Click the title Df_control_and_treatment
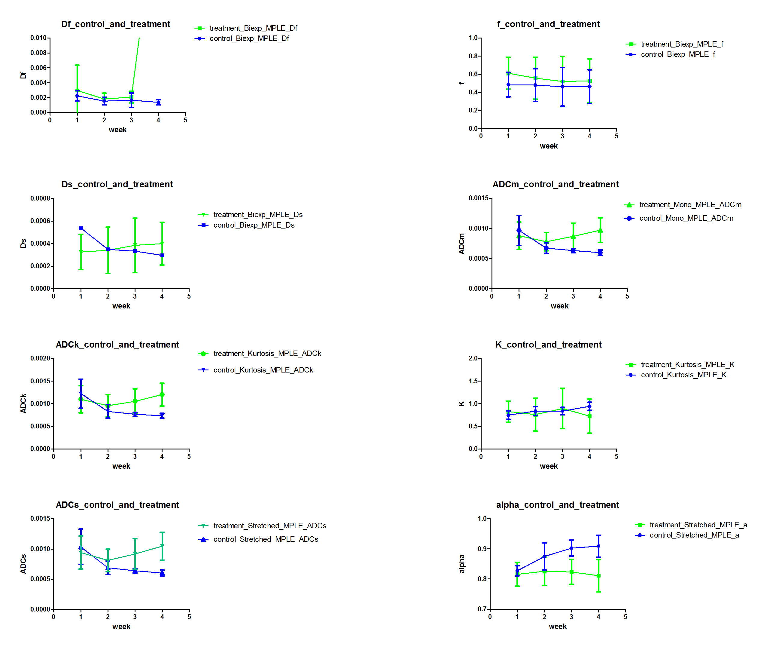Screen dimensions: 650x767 (116, 24)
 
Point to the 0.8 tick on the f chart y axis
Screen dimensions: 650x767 (473, 56)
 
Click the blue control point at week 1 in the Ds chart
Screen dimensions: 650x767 (81, 228)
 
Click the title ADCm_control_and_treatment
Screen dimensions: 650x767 (555, 184)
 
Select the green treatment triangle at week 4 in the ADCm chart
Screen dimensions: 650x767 (600, 231)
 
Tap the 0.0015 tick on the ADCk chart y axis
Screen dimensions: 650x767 (40, 381)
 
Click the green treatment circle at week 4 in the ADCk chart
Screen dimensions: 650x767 (162, 395)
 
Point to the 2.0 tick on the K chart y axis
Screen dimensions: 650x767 (473, 359)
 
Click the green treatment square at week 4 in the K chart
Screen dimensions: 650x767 (589, 416)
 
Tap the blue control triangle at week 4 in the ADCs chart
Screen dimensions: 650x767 (162, 573)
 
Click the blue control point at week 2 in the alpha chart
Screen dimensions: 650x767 (544, 556)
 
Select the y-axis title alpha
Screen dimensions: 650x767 (462, 564)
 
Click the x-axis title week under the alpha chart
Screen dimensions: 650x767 (558, 627)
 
